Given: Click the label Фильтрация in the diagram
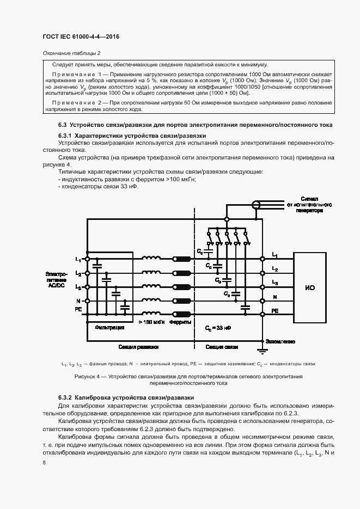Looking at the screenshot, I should point(109,328).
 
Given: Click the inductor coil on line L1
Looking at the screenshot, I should point(151,259).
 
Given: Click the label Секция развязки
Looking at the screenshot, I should point(138,346).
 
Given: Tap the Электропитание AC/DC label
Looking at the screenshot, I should point(57,278).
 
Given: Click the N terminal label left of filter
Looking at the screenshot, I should point(78,301).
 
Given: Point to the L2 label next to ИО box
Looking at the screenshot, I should point(274,269).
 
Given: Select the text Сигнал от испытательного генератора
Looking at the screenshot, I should point(308,205).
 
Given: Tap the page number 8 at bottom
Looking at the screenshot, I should point(44,462).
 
